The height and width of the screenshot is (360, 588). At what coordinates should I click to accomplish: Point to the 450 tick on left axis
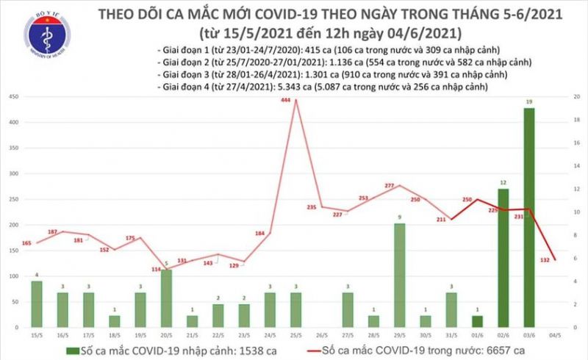[14, 97]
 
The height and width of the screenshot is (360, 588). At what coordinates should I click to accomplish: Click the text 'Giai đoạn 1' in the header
[182, 48]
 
